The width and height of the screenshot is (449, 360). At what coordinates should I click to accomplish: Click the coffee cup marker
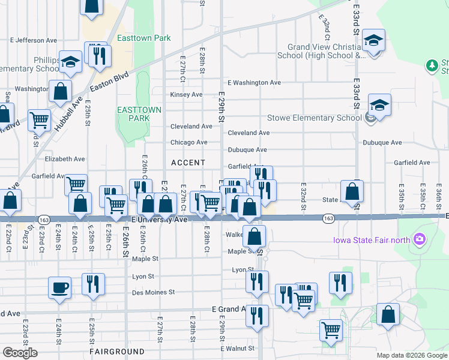60,287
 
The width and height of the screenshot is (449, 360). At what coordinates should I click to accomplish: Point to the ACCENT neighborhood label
188,163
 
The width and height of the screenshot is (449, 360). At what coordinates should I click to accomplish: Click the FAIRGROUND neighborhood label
117,351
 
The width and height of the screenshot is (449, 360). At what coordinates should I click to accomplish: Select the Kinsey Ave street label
187,95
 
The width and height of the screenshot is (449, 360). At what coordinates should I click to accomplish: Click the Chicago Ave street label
189,142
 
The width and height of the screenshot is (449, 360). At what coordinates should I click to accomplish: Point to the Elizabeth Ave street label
65,159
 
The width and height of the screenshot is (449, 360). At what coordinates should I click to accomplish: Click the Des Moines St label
153,293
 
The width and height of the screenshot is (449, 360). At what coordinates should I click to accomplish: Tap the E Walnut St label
238,348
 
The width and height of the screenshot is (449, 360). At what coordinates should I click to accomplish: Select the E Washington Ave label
254,83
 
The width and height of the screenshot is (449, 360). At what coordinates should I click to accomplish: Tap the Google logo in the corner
20,353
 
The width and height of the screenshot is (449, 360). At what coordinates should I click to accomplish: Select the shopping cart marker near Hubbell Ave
39,119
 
